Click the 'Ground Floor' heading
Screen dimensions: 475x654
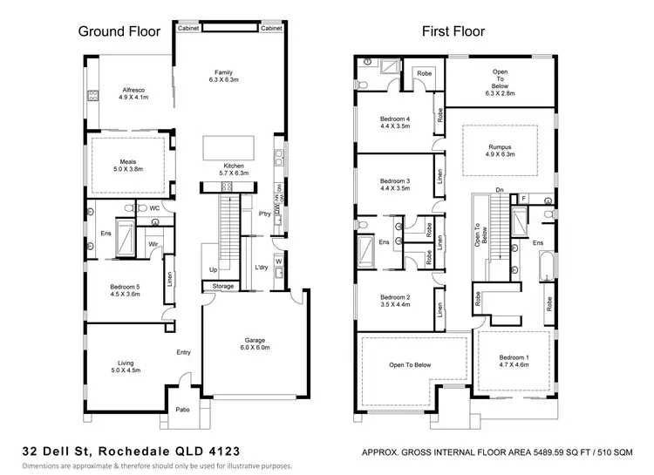coord(119,32)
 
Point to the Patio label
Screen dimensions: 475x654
coord(182,410)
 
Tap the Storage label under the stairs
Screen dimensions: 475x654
coord(223,286)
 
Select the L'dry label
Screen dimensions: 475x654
coord(260,267)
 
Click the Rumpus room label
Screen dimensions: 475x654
coord(499,146)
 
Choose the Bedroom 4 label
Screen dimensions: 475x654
coord(395,119)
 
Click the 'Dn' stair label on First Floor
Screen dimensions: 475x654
coord(499,189)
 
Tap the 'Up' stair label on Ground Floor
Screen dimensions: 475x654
coord(212,269)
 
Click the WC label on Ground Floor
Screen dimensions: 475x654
coord(153,208)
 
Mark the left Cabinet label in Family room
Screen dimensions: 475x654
coord(189,29)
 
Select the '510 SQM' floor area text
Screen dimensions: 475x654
coord(615,452)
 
